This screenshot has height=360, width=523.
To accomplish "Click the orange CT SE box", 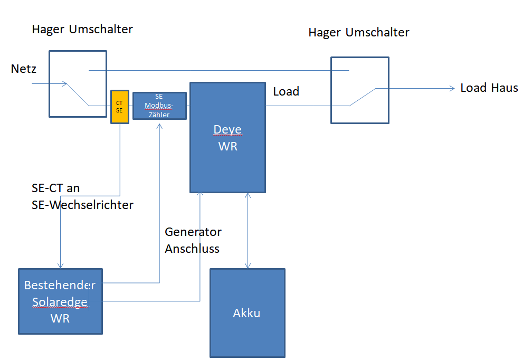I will [119, 107].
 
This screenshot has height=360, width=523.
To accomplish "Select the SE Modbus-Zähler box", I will [159, 106].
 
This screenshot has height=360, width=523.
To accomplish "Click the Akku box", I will [247, 313].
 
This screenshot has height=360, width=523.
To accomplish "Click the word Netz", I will [23, 69].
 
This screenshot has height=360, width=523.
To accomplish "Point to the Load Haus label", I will [489, 88].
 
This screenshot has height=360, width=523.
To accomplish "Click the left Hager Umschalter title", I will [82, 29].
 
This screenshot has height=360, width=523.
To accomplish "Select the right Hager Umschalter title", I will [359, 32].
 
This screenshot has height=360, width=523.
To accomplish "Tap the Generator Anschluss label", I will [193, 240].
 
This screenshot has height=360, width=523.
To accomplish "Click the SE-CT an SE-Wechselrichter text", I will [82, 196].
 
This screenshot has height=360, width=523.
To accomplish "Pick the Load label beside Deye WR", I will [286, 91].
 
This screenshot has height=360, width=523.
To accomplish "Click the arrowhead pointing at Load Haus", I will [452, 89].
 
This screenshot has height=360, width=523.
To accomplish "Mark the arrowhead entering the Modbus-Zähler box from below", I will [159, 122].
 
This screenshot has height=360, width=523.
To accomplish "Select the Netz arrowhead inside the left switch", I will [64, 83].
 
